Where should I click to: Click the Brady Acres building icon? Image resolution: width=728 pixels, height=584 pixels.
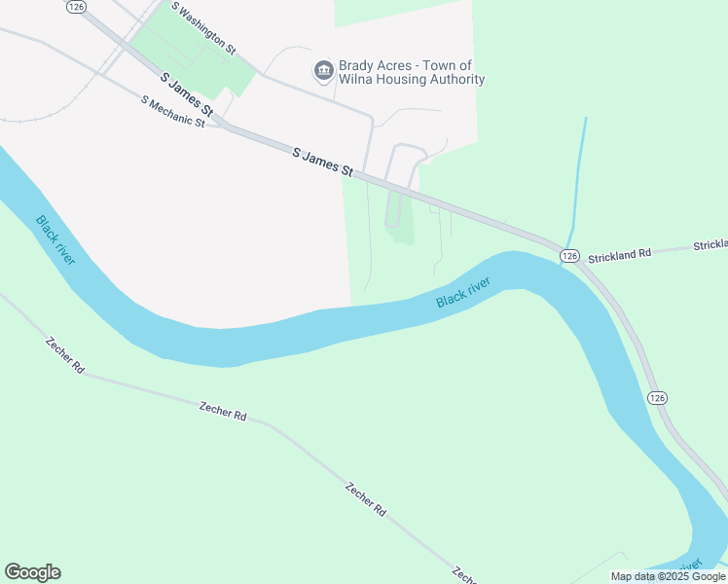point(322,71)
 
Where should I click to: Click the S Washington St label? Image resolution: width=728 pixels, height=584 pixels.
point(203,26)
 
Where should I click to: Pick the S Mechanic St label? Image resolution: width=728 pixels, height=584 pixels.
point(172,112)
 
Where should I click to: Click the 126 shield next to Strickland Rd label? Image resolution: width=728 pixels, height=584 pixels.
point(570,255)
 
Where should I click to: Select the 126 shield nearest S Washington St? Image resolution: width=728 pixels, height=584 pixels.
point(77,6)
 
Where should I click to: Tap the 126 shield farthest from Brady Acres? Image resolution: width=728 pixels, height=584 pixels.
point(657,398)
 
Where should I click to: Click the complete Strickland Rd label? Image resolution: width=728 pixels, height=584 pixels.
point(619,254)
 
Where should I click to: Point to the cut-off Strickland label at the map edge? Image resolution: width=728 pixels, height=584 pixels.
point(710,245)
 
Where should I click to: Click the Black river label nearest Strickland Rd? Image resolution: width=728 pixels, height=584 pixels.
point(462,293)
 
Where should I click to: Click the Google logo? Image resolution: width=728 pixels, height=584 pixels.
point(32,572)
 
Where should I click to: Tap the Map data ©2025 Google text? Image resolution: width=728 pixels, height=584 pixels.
point(669,576)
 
